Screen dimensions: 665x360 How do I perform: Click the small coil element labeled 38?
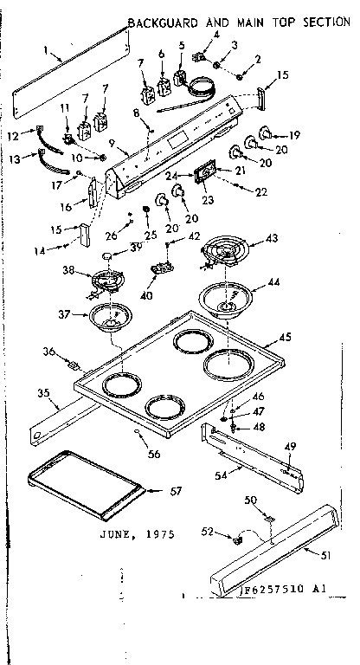[x=106, y=281]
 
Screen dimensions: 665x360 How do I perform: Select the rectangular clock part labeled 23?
[x=205, y=173]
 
